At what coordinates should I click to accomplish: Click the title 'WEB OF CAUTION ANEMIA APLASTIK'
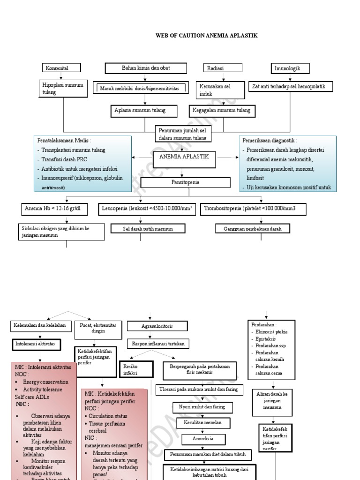[206, 36]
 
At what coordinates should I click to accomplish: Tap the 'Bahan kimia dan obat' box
[145, 68]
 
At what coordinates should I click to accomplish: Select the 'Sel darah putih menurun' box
[148, 228]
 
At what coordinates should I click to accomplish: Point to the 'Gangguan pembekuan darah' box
[253, 228]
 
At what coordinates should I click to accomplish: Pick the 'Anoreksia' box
[203, 439]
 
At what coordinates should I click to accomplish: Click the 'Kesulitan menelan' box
[203, 423]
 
